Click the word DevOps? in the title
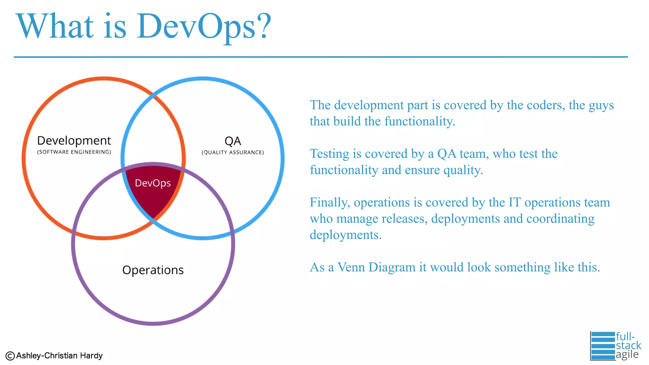tap(203, 27)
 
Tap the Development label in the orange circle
tap(74, 141)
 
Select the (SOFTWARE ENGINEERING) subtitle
tap(74, 152)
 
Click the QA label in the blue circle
tap(233, 141)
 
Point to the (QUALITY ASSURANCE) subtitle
tap(233, 152)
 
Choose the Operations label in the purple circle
tap(153, 270)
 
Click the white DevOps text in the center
tap(153, 183)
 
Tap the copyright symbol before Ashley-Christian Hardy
tap(10, 356)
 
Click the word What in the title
tap(55, 27)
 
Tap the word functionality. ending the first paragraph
tap(420, 122)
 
